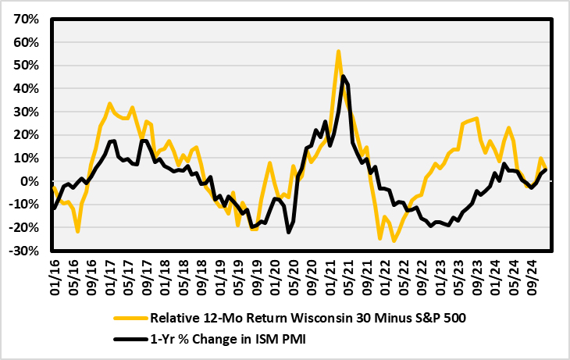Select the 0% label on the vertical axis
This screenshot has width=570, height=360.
point(29,182)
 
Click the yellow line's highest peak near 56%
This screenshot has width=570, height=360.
point(338,52)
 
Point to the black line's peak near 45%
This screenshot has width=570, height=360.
point(344,76)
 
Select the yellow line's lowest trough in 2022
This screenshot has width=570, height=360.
point(394,241)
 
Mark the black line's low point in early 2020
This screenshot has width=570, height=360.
point(288,232)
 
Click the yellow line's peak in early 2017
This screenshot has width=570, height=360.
point(109,103)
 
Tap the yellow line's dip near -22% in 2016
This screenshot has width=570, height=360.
point(78,231)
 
